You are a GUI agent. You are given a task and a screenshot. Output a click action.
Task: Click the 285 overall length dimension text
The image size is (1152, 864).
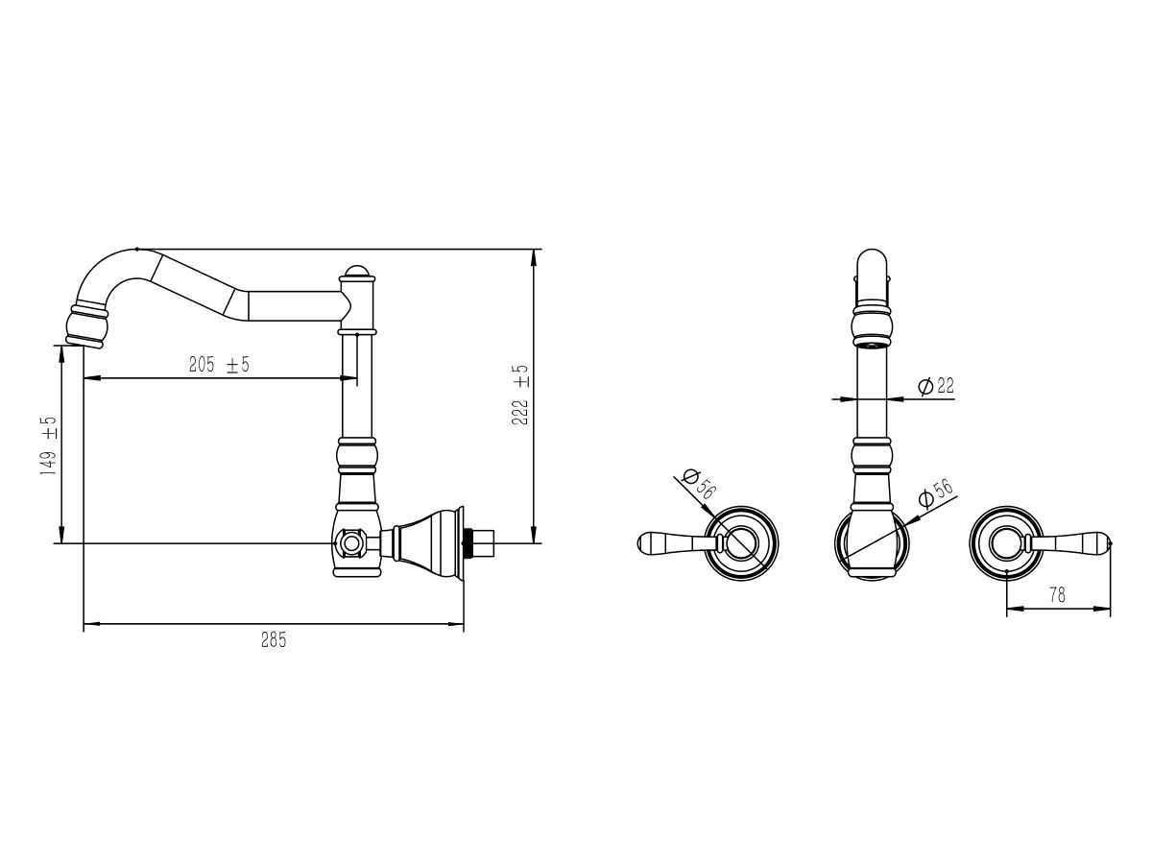tap(274, 640)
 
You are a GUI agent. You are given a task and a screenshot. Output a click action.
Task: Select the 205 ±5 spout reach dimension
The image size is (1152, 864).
tap(219, 364)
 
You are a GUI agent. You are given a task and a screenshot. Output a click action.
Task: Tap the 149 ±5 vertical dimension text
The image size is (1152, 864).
tap(48, 445)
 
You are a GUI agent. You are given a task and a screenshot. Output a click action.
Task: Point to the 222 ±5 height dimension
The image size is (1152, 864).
tap(520, 395)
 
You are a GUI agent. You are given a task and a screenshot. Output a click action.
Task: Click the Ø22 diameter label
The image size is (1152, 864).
tap(936, 386)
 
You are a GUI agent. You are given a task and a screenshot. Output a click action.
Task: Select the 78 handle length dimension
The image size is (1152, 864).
tap(1058, 595)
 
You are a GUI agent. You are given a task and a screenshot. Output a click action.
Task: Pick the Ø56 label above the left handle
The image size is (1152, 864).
tap(698, 484)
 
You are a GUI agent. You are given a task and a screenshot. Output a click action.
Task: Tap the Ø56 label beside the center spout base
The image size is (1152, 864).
tap(936, 493)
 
